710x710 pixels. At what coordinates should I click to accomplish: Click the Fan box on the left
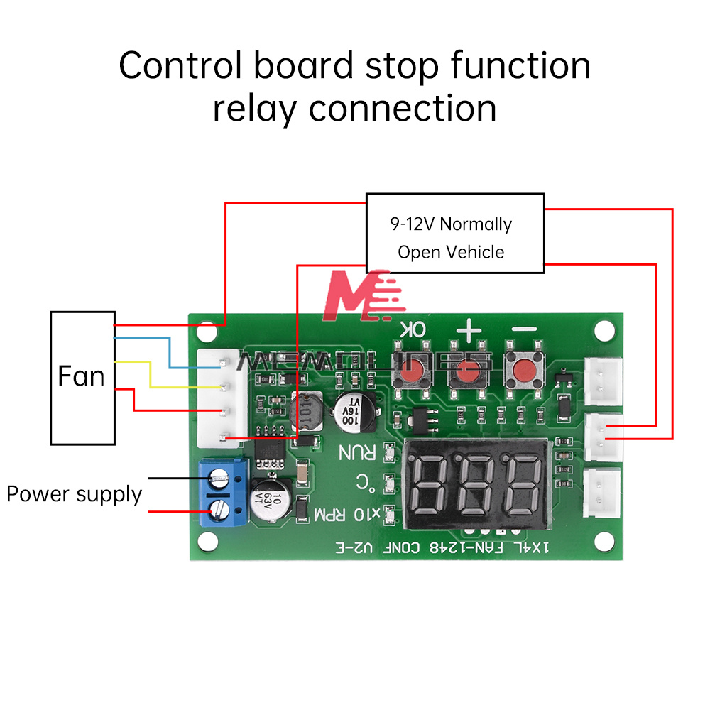(x=82, y=377)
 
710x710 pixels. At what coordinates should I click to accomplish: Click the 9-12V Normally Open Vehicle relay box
(x=454, y=234)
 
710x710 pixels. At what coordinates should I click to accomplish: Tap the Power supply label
(x=74, y=494)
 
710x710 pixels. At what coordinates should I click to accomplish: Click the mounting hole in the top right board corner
(x=603, y=329)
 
